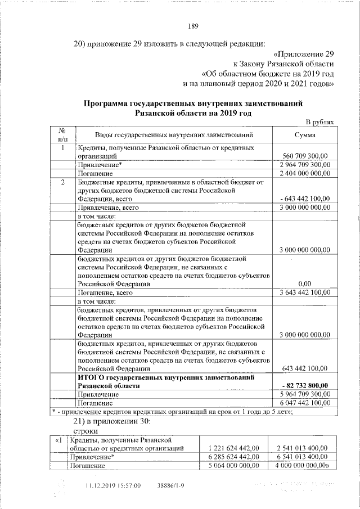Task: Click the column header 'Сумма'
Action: (304, 135)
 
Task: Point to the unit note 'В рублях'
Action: (319, 122)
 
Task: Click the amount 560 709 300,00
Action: (304, 156)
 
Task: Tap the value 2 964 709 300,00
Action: (304, 165)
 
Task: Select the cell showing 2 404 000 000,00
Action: (304, 174)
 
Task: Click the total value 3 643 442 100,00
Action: (304, 293)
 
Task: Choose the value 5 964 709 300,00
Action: (304, 394)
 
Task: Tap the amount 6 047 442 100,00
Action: (304, 403)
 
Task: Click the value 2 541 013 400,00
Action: (300, 448)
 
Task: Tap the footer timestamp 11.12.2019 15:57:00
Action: (112, 485)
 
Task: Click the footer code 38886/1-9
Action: (170, 485)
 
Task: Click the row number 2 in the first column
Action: (63, 183)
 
